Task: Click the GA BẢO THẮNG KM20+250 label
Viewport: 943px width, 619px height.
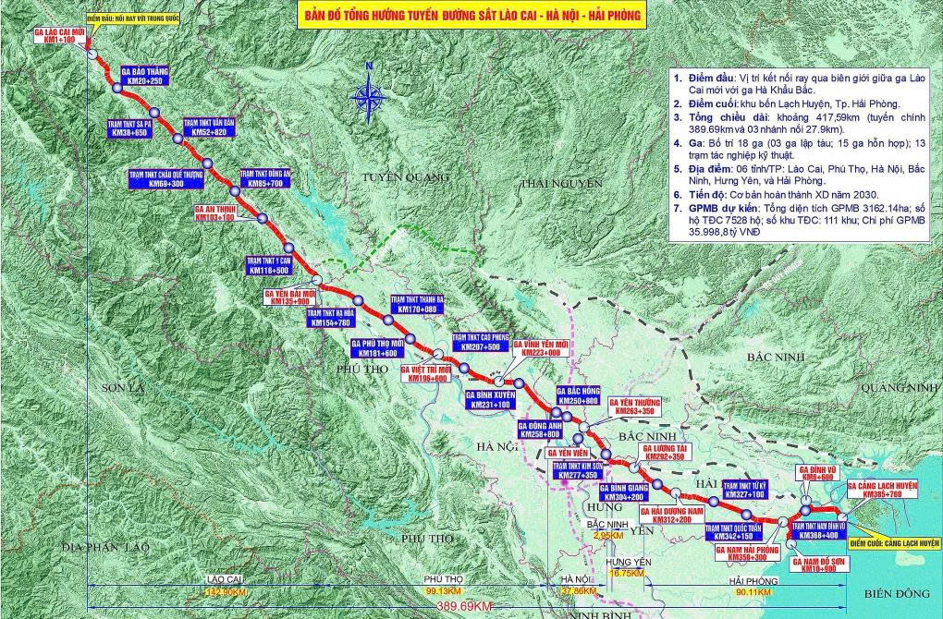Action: (144, 76)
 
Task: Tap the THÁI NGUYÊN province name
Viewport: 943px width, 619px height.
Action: (555, 185)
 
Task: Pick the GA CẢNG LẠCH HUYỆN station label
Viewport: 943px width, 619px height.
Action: (888, 490)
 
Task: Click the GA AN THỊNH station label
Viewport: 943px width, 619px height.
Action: (214, 213)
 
